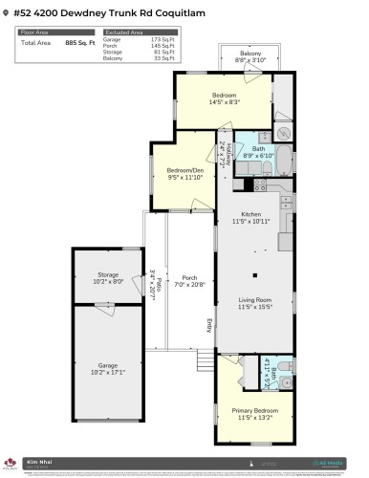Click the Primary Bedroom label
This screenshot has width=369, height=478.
(x=254, y=409)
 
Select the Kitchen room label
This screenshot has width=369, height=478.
(x=251, y=214)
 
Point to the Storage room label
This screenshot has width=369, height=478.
(x=108, y=274)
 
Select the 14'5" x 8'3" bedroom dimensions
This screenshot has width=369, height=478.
(x=224, y=101)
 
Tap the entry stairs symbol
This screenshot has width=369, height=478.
(x=205, y=360)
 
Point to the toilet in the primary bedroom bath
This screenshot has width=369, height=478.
(x=285, y=366)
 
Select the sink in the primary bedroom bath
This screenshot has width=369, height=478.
(x=286, y=383)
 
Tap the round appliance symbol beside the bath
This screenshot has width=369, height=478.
(x=283, y=134)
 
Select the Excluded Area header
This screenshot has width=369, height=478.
(x=118, y=32)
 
